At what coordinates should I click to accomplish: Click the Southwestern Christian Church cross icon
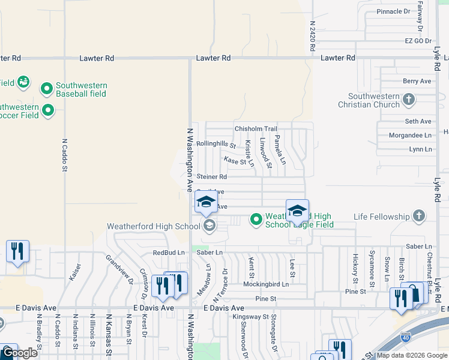click(x=408, y=99)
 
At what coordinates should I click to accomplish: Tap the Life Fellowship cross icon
click(x=420, y=216)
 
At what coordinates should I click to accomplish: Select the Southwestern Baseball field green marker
click(x=47, y=89)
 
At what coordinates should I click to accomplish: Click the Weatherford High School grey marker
click(x=209, y=226)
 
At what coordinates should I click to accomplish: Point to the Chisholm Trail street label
click(x=256, y=129)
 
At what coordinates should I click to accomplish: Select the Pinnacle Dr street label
click(x=393, y=11)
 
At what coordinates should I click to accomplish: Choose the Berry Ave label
click(x=417, y=81)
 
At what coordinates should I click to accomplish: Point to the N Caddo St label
click(x=64, y=155)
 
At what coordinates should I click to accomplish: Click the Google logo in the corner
click(x=19, y=353)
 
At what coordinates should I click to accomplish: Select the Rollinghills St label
click(x=216, y=145)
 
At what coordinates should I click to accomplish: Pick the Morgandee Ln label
click(x=410, y=136)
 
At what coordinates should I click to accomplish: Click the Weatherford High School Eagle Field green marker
click(x=256, y=220)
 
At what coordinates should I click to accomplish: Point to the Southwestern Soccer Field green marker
click(x=47, y=110)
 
